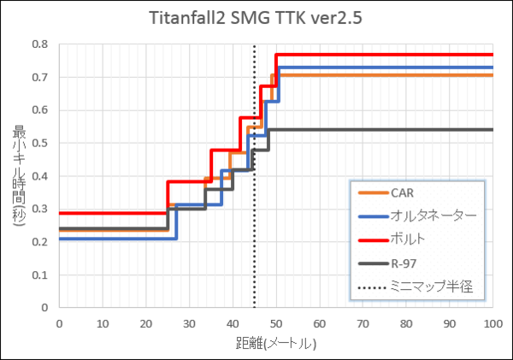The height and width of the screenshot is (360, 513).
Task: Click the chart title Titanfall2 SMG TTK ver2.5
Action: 256,19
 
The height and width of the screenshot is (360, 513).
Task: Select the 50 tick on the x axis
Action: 275,323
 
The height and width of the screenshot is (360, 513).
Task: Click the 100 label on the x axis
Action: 492,323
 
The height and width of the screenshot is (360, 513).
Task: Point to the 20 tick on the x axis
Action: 145,323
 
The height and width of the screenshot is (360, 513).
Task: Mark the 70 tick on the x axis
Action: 363,323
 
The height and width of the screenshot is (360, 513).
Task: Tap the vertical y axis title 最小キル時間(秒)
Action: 19,175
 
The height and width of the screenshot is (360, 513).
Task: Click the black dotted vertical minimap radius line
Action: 254,257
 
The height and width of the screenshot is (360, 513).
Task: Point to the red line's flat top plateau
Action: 385,55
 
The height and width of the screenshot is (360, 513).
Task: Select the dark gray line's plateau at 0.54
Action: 385,130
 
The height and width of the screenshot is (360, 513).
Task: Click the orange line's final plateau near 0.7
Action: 385,75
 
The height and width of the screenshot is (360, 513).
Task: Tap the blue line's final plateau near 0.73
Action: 385,67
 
